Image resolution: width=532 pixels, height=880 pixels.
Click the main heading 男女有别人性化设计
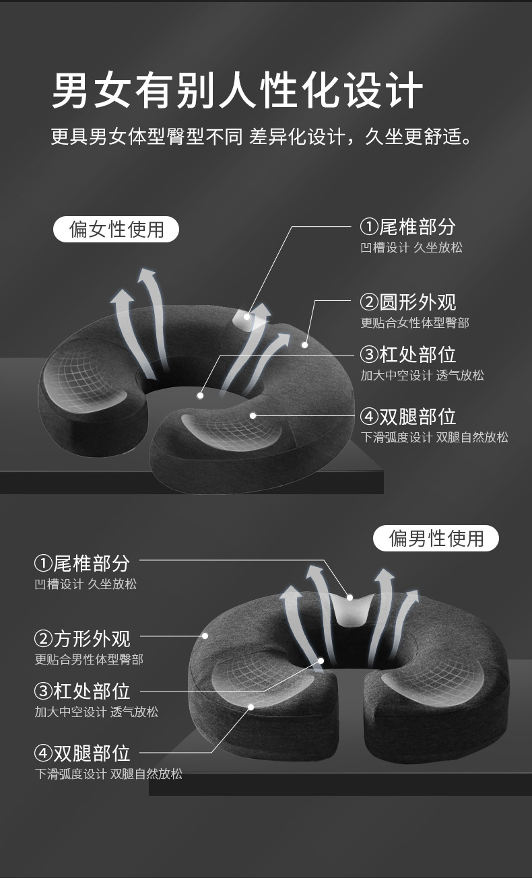(237, 90)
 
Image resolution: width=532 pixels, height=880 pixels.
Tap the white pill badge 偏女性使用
(116, 229)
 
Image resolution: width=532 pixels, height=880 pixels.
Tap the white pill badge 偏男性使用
(436, 538)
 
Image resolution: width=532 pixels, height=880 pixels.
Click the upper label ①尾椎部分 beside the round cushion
(408, 227)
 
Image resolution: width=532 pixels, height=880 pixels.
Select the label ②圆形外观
(408, 302)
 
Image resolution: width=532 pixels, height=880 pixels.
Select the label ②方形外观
(82, 639)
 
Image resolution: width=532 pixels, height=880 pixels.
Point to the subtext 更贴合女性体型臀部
(415, 323)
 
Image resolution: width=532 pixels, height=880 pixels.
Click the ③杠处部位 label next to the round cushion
(408, 354)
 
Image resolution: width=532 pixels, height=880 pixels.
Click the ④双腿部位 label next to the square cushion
(82, 753)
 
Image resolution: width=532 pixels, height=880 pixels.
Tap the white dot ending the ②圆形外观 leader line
(304, 345)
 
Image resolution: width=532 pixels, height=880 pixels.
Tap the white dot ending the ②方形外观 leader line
(205, 636)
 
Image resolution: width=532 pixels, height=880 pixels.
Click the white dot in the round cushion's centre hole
(201, 396)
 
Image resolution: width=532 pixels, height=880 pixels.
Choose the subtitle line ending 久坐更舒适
(261, 137)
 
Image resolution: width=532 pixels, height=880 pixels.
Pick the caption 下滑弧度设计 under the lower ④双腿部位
(71, 774)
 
